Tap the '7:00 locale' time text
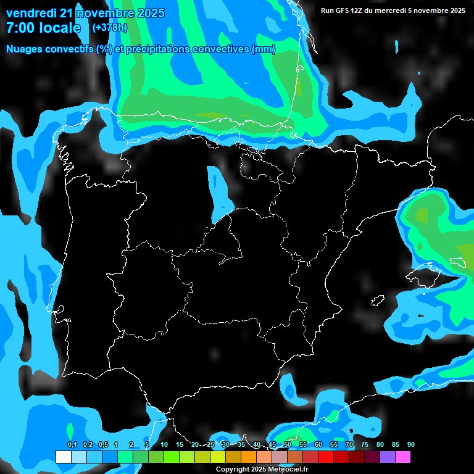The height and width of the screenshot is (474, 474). (x=43, y=28)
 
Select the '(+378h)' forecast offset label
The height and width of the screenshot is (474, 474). (x=109, y=27)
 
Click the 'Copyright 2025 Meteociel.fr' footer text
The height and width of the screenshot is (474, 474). (x=262, y=470)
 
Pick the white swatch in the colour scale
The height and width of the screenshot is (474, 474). (x=63, y=457)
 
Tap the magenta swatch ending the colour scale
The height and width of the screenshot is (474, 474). (x=403, y=457)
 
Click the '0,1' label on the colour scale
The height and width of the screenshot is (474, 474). (x=72, y=445)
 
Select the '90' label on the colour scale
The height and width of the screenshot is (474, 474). (x=411, y=445)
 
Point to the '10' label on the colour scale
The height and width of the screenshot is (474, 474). (x=164, y=445)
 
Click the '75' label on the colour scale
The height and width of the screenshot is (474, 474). (x=365, y=445)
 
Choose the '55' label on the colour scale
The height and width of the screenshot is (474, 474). (x=303, y=445)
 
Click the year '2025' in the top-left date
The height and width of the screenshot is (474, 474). (x=151, y=13)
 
